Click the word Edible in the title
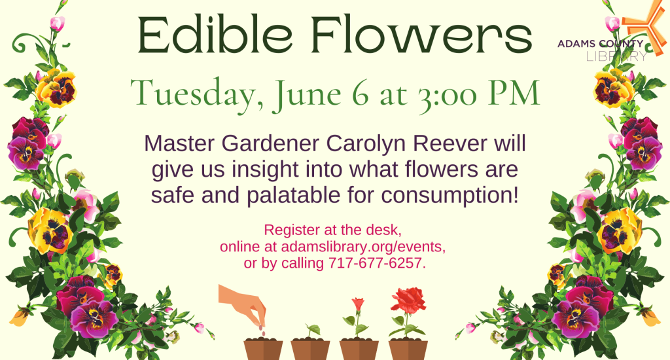215,34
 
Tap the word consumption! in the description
450,195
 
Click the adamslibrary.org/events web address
363,247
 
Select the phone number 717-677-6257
377,263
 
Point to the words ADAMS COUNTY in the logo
601,43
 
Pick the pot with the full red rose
408,350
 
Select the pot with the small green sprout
311,350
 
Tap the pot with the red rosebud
359,350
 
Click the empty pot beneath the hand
263,350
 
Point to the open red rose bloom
408,299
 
